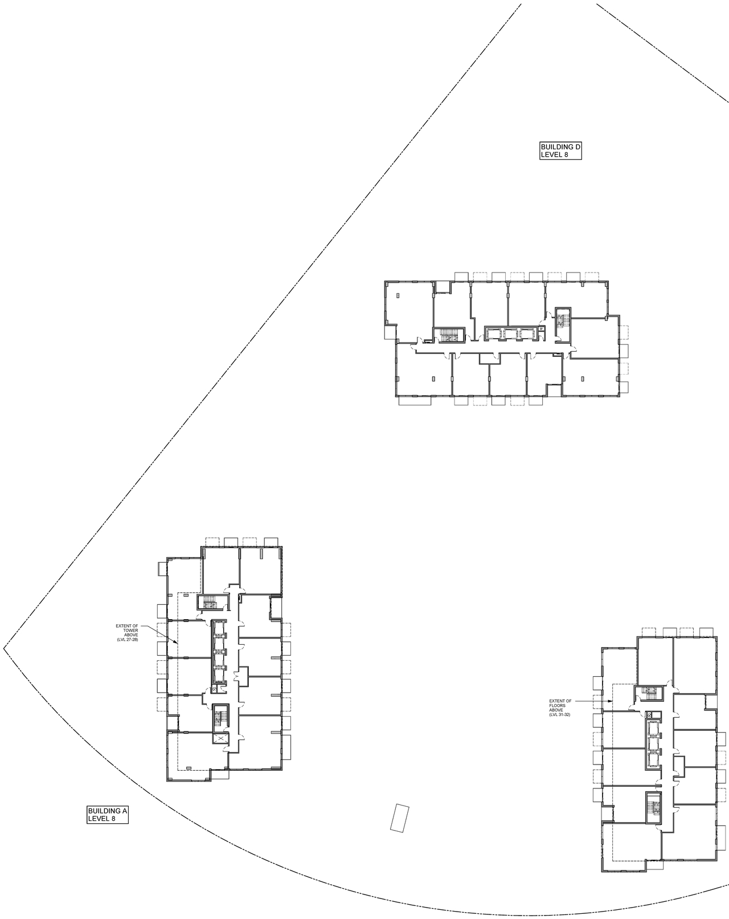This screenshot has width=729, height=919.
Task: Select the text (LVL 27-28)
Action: coord(127,640)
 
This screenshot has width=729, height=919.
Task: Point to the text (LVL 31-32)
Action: coord(561,715)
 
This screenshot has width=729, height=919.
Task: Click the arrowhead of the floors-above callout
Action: coord(612,701)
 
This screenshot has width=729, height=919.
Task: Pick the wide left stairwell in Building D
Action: coord(449,336)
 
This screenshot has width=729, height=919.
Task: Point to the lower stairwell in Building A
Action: coord(219,716)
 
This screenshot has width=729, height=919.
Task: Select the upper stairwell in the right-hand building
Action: coord(649,693)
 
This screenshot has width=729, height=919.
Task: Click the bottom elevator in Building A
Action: coord(219,675)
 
